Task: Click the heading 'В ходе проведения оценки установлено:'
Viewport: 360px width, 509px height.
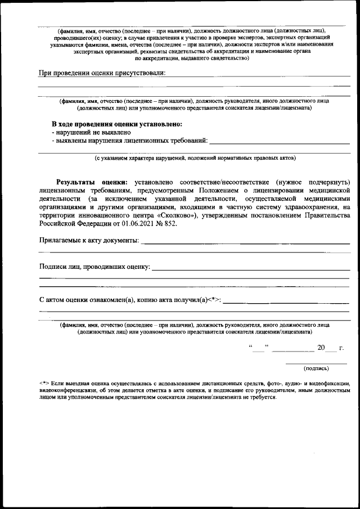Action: (117, 124)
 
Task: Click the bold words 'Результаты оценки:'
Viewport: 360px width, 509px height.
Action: (92, 182)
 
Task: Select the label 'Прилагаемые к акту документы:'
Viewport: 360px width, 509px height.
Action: (89, 241)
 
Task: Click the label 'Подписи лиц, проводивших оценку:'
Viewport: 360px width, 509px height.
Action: (94, 267)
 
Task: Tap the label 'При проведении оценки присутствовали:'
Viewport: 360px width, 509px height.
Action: (102, 73)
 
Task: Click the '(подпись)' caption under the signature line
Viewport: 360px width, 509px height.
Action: (316, 368)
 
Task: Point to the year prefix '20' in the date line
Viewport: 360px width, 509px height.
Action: (321, 348)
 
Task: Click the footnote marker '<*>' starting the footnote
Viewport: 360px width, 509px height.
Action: (44, 383)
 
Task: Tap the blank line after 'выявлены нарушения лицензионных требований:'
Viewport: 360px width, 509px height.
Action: (280, 140)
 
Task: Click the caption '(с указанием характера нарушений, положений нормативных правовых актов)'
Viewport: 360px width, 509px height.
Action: (194, 159)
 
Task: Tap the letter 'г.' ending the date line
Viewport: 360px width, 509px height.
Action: (341, 348)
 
